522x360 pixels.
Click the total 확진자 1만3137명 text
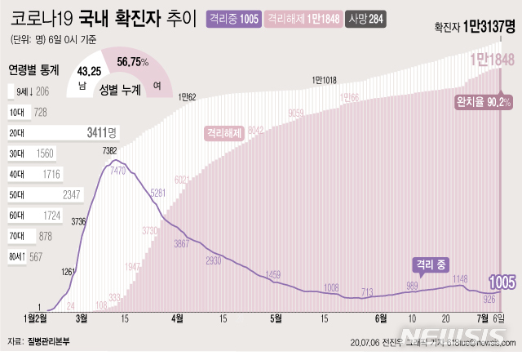pyautogui.click(x=476, y=29)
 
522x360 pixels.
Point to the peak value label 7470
pyautogui.click(x=119, y=170)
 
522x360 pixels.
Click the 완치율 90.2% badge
pyautogui.click(x=483, y=101)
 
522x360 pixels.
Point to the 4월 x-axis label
pyautogui.click(x=178, y=318)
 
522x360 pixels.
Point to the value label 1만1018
pyautogui.click(x=329, y=80)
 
